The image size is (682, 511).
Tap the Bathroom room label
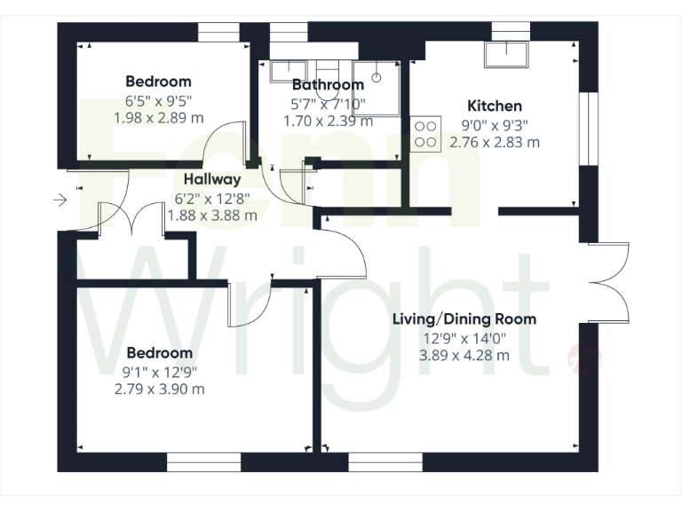click(x=328, y=85)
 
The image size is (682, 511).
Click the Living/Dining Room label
click(x=464, y=319)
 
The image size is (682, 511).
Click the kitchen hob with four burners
click(x=425, y=133)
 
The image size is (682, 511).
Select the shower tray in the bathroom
click(x=377, y=89)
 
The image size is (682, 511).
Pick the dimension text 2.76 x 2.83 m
click(x=495, y=142)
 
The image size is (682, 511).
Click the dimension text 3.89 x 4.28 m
click(x=464, y=355)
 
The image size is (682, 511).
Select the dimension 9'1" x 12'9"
click(x=159, y=372)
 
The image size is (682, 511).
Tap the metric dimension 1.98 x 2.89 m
click(x=159, y=117)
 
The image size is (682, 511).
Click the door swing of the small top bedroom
click(x=222, y=144)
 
